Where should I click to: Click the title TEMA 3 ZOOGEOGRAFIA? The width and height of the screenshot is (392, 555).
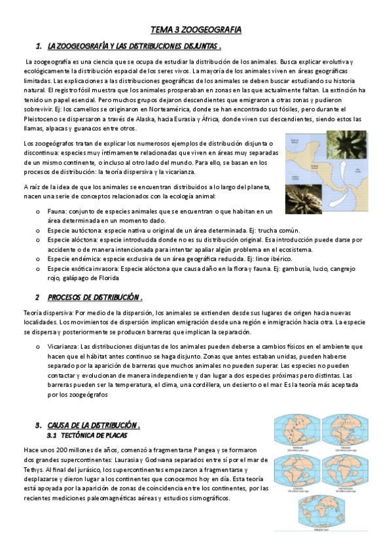coord(196,30)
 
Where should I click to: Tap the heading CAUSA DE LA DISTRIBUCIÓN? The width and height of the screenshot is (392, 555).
coord(94,425)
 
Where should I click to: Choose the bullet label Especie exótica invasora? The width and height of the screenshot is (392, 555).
coord(82,268)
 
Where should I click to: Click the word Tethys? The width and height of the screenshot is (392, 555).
coord(33,471)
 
